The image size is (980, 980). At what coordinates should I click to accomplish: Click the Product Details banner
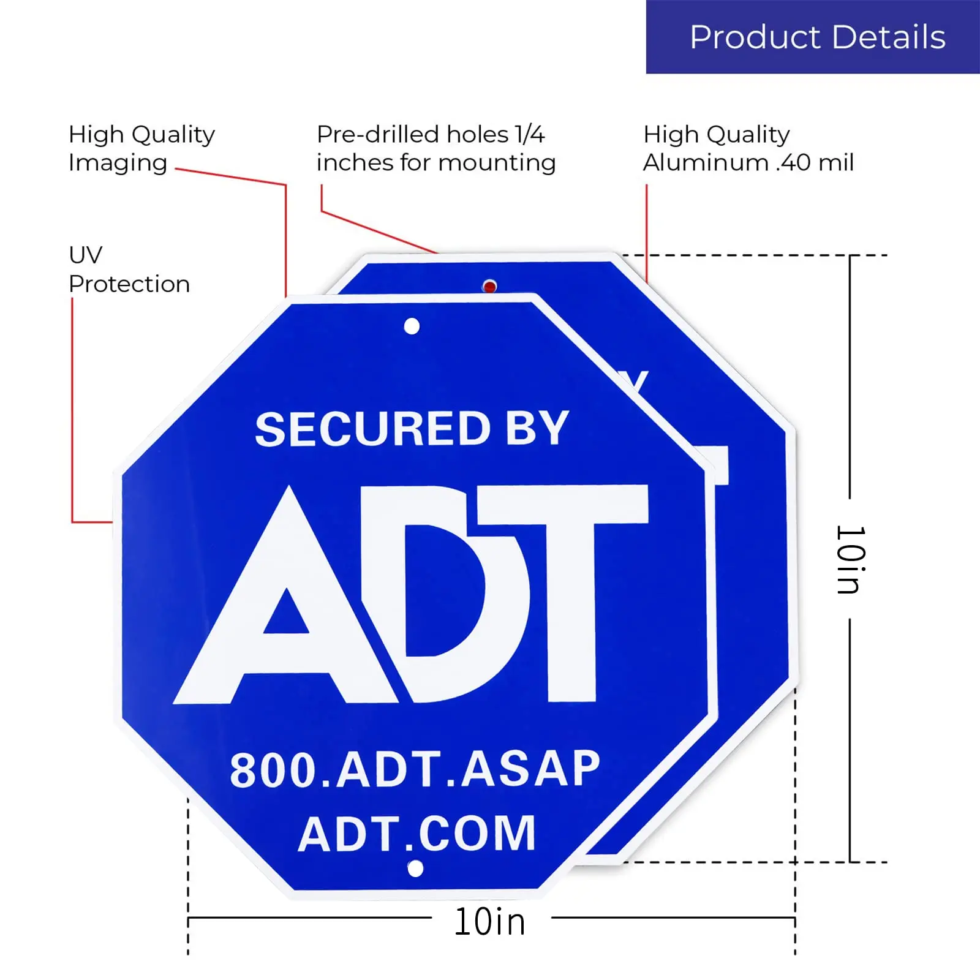813,37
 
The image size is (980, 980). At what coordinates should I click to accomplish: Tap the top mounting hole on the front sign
412,326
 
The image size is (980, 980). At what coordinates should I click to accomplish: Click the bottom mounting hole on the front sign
415,869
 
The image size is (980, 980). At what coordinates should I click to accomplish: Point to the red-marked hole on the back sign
489,286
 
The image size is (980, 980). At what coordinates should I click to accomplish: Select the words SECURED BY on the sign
412,429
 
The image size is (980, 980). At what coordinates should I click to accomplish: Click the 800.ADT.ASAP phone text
415,769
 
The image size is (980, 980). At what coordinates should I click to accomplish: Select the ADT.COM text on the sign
417,834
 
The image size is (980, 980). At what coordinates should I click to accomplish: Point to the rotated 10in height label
851,559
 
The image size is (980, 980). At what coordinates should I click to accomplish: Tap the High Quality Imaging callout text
141,148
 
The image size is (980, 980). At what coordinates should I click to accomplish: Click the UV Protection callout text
129,269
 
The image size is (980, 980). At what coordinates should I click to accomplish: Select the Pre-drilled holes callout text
435,148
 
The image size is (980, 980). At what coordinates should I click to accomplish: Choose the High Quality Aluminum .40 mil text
748,148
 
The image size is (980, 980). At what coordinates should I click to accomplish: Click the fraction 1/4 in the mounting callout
529,134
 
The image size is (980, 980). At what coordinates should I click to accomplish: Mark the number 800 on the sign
273,770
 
